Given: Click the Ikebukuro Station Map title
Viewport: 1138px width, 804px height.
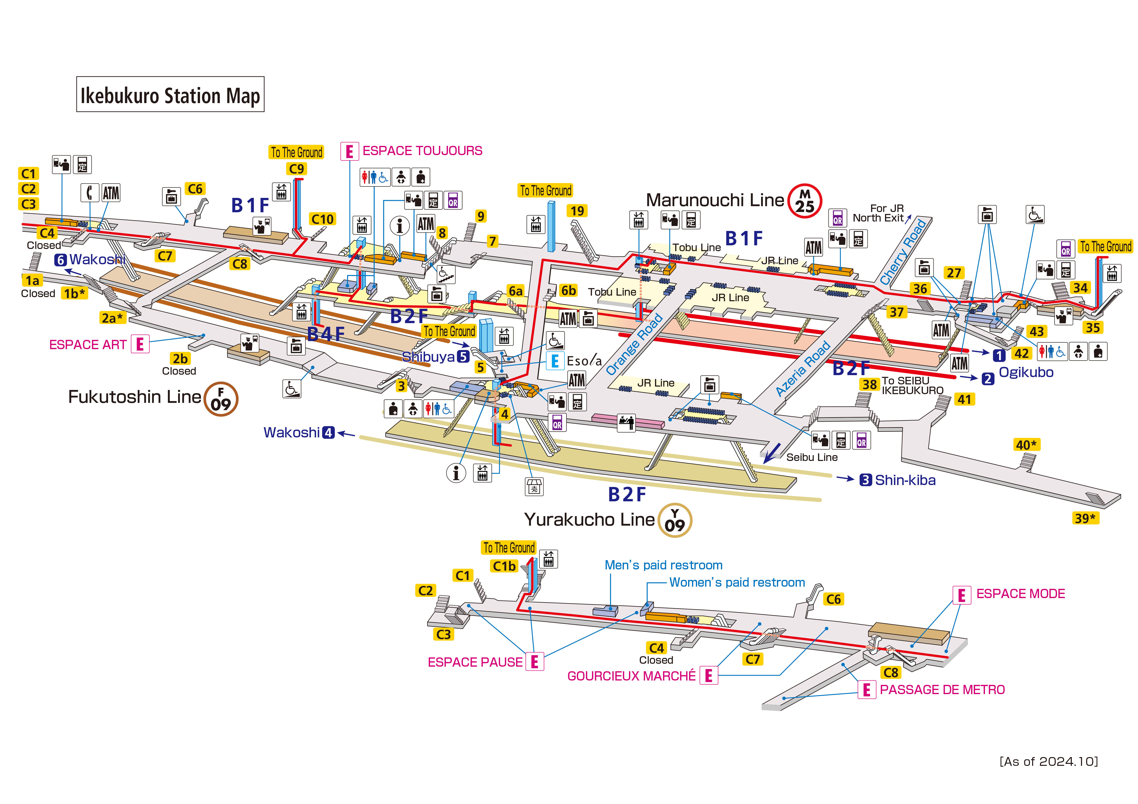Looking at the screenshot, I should [x=170, y=95].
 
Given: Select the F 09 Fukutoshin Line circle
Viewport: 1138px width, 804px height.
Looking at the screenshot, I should [x=221, y=399].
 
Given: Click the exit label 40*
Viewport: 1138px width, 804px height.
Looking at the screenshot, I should [x=1026, y=445].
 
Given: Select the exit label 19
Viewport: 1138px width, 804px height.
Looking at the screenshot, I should [x=577, y=211].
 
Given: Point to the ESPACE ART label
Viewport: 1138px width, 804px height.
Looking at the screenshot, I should [x=88, y=345].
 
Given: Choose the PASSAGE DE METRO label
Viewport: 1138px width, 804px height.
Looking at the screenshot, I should [x=942, y=689].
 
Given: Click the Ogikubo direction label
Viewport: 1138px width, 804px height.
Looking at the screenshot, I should [x=1026, y=372].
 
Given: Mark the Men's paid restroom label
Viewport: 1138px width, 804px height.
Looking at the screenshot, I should [x=663, y=565].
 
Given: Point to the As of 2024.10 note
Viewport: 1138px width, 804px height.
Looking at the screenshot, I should [x=1048, y=761].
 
